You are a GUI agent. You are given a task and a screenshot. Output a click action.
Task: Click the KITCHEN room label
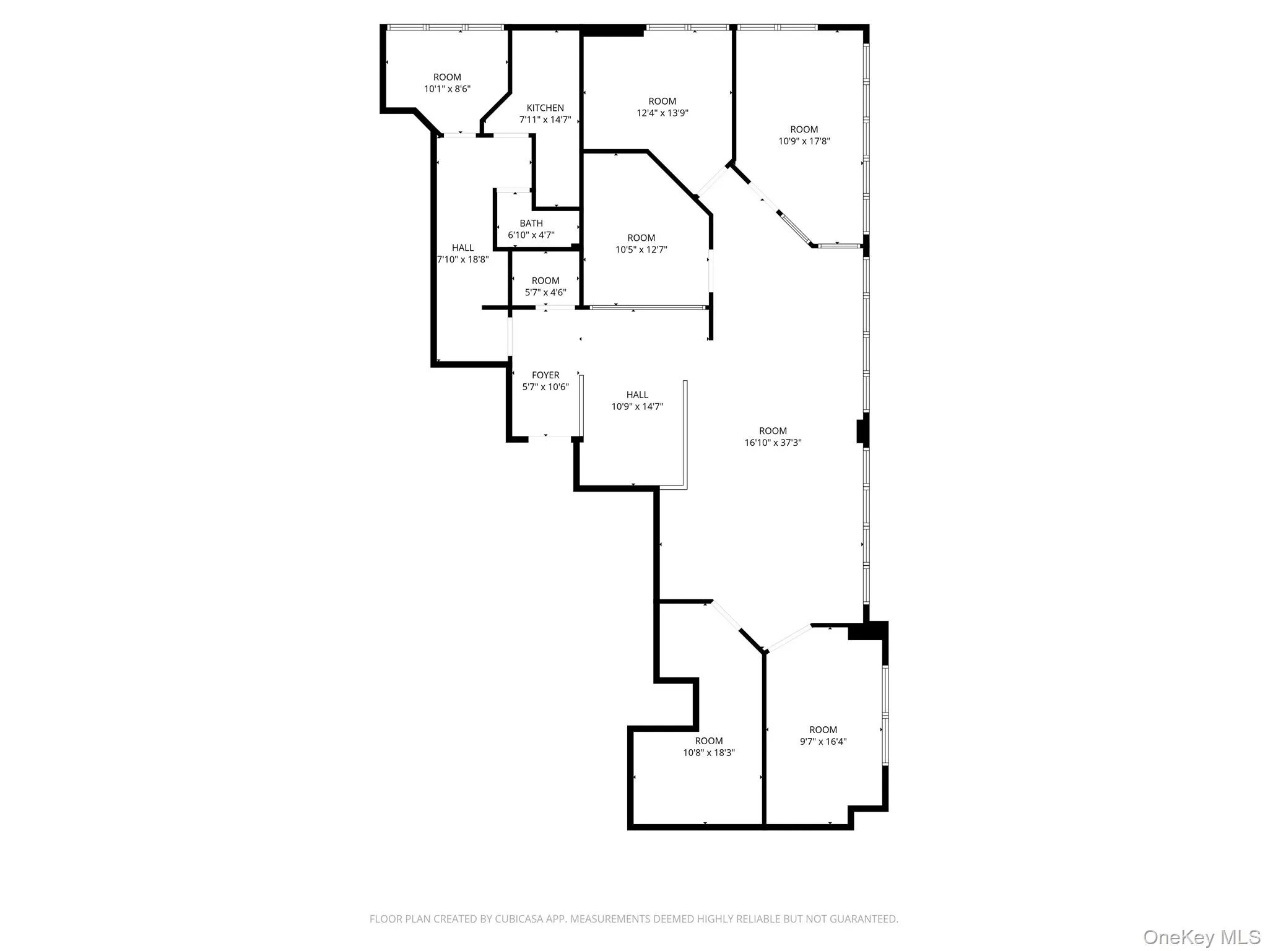pyautogui.click(x=545, y=108)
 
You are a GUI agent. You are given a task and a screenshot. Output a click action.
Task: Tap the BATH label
pyautogui.click(x=531, y=223)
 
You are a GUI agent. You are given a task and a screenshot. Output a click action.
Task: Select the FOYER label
pyautogui.click(x=545, y=375)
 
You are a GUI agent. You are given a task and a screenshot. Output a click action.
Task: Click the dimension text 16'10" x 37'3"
pyautogui.click(x=773, y=443)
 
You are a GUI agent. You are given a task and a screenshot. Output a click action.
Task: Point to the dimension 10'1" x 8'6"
pyautogui.click(x=447, y=89)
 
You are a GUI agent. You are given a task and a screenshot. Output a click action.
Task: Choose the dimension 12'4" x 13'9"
pyautogui.click(x=662, y=113)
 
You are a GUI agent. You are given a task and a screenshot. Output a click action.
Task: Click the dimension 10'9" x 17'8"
pyautogui.click(x=804, y=141)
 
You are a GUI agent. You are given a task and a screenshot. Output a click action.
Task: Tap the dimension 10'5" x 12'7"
pyautogui.click(x=641, y=250)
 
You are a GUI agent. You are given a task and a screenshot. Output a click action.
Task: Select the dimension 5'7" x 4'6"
pyautogui.click(x=545, y=292)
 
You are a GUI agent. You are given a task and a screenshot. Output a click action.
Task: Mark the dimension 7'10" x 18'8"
pyautogui.click(x=463, y=259)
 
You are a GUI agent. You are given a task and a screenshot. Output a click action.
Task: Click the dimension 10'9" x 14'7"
pyautogui.click(x=637, y=407)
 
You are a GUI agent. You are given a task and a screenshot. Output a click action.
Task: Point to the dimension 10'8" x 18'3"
pyautogui.click(x=709, y=753)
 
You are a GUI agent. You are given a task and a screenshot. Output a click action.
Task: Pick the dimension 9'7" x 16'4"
pyautogui.click(x=823, y=742)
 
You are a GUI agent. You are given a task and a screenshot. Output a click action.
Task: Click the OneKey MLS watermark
pyautogui.click(x=1201, y=936)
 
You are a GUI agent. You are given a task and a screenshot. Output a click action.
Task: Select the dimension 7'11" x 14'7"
pyautogui.click(x=545, y=119)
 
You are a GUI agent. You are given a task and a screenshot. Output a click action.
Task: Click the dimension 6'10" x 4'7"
pyautogui.click(x=531, y=235)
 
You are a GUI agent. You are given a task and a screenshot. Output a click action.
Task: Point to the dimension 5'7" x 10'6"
pyautogui.click(x=545, y=387)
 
